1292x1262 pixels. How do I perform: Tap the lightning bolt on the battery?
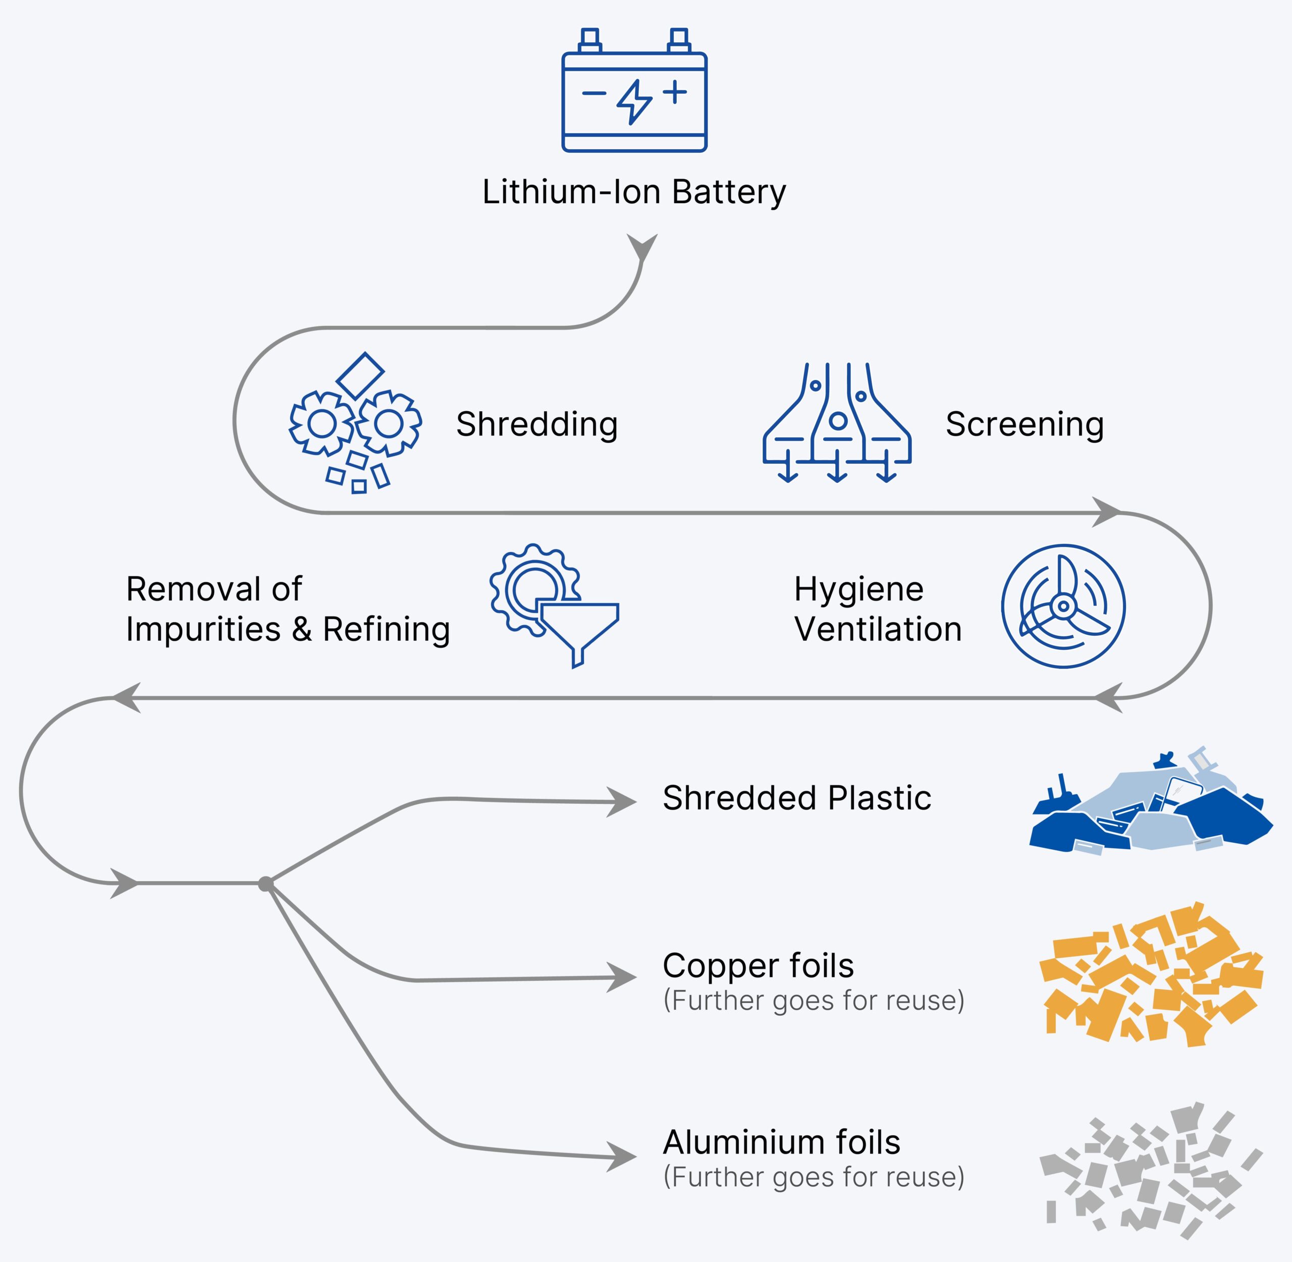[634, 101]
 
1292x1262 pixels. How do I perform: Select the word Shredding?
[537, 424]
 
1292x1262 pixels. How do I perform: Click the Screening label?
[1024, 424]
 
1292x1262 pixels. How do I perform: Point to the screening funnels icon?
[837, 422]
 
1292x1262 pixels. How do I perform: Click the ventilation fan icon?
[1063, 606]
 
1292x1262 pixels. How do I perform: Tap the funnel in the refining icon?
[579, 629]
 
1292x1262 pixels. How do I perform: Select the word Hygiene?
[858, 589]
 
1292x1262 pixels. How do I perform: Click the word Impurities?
[203, 629]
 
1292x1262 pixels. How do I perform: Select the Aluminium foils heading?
[781, 1142]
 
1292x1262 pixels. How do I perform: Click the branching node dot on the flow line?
[266, 884]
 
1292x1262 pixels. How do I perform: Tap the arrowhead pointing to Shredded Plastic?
[622, 801]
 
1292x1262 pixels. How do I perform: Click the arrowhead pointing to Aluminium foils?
[622, 1157]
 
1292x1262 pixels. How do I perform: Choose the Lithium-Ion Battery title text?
[634, 192]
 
